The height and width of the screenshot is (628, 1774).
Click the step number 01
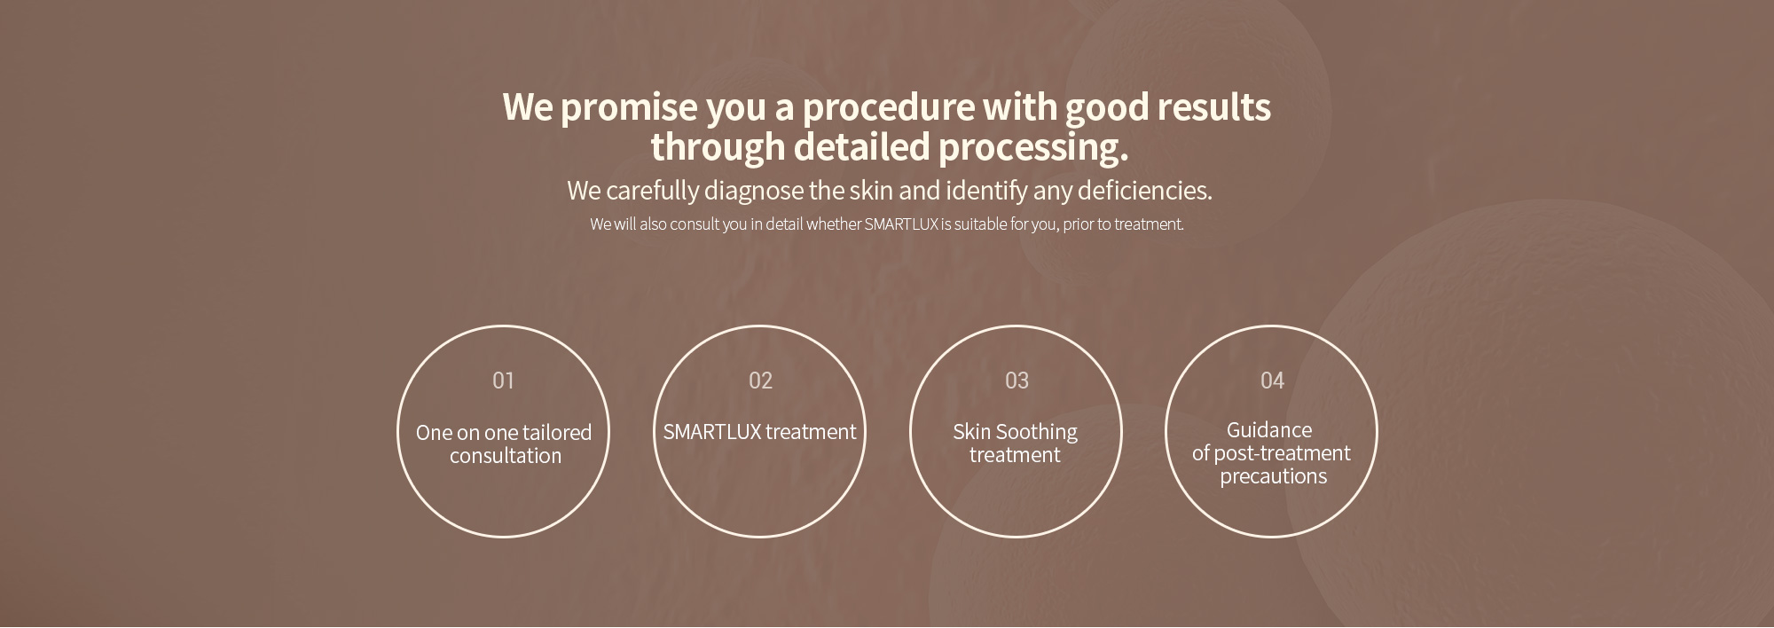coord(503,381)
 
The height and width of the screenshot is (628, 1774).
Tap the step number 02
coord(760,381)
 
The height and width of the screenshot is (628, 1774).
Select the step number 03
coord(1017,381)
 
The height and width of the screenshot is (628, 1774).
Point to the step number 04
coord(1272,381)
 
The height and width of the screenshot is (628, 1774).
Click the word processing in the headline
coord(1033,148)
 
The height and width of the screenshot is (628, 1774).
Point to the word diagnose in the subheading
coord(753,192)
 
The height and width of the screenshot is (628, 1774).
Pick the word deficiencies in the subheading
coord(1144,191)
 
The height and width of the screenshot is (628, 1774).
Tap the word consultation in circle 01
coord(506,456)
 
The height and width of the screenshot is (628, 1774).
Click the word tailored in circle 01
coord(556,433)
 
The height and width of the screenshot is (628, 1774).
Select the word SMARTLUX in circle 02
coord(712,432)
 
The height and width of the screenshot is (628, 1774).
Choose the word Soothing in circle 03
coord(1036,433)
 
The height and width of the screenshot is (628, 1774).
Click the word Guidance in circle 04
coord(1269,430)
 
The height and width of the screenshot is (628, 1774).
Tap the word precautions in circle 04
coord(1273,476)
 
